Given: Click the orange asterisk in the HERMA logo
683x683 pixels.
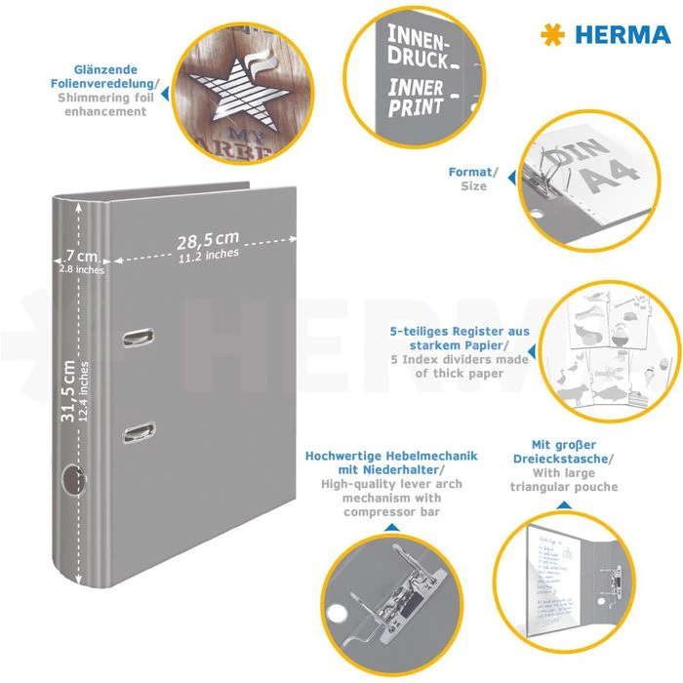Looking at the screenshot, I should tap(552, 36).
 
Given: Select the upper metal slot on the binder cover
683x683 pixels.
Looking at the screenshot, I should tap(140, 338).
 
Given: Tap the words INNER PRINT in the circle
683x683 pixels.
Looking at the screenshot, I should tap(417, 98).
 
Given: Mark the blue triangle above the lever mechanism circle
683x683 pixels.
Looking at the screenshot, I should tap(390, 528).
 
